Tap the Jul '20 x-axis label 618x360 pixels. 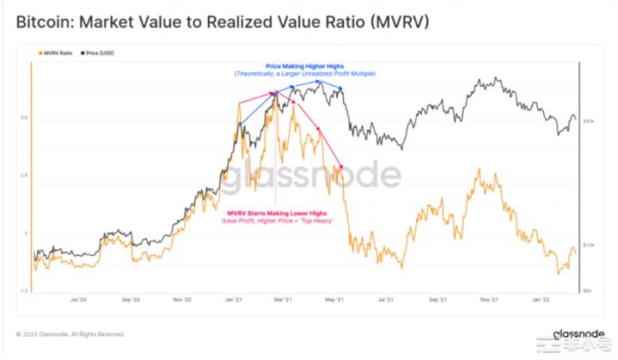(78, 300)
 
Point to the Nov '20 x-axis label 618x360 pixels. (181, 300)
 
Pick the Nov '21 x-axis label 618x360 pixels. (489, 300)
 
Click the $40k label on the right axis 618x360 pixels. (590, 122)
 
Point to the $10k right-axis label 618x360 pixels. (590, 246)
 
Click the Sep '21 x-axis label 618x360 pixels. (437, 300)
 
